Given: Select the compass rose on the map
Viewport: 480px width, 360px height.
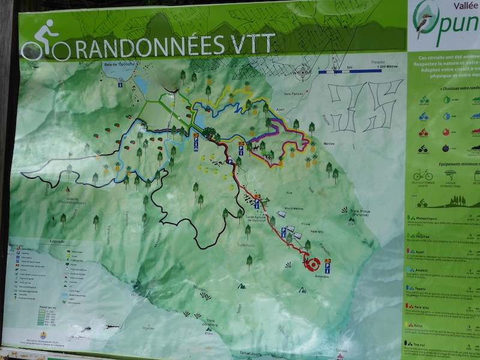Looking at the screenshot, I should [x=302, y=71].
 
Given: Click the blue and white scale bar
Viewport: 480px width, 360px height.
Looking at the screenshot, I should [x=347, y=71].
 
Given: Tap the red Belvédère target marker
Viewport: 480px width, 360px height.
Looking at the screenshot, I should [x=310, y=263].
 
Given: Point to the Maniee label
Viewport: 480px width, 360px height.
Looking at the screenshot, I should [x=329, y=143].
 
